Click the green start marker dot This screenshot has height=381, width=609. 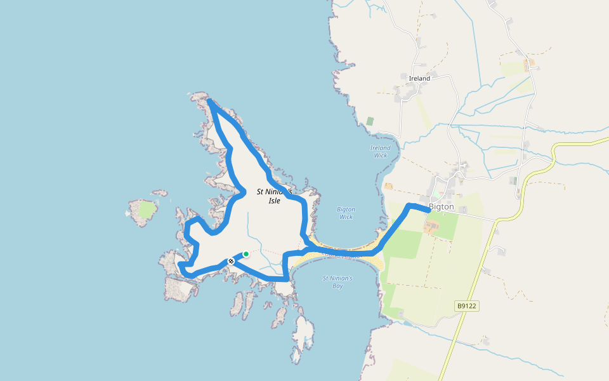246,254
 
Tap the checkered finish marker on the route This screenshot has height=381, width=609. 231,261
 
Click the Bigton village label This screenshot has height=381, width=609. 442,207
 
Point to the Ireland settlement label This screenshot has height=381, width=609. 419,79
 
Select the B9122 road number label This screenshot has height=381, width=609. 466,306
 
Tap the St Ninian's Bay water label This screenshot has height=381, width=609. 337,282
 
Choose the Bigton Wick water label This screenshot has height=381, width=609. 346,213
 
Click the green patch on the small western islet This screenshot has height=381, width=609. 146,210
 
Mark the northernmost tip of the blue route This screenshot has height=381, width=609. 211,102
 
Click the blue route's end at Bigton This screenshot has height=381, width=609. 429,210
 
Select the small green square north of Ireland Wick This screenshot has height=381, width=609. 370,121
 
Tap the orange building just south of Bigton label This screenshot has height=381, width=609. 431,227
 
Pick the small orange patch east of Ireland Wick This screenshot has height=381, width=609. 388,186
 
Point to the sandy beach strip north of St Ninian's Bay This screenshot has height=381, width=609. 343,256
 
